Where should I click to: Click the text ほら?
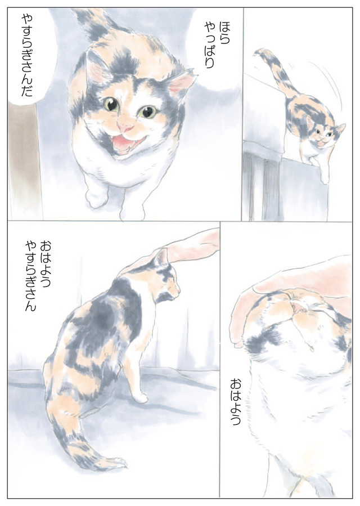(224, 32)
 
